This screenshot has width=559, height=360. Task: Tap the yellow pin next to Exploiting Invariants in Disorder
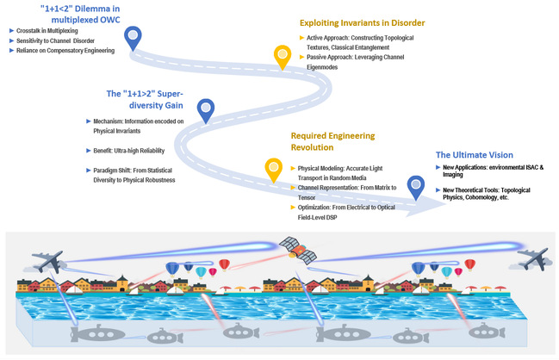tap(282, 58)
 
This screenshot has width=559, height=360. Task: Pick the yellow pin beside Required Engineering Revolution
tap(275, 169)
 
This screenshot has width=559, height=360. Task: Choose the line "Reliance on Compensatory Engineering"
tap(65, 51)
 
